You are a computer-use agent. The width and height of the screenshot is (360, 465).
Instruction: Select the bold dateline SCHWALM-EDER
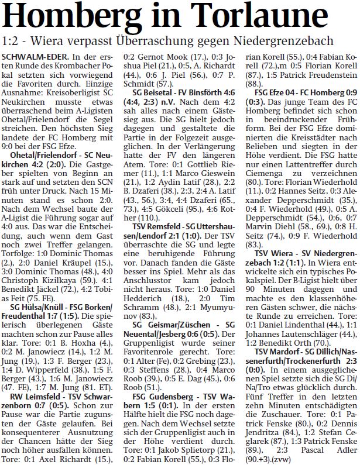[34, 56]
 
